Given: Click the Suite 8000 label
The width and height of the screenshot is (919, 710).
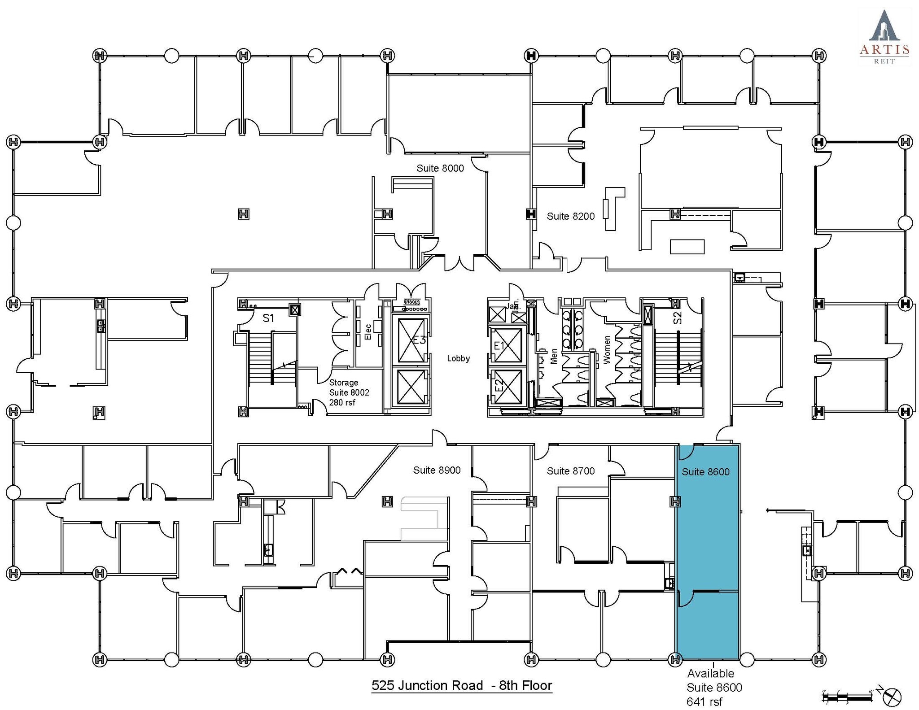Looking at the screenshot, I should (x=440, y=168).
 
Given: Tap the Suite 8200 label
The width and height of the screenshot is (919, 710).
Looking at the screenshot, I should (x=570, y=216).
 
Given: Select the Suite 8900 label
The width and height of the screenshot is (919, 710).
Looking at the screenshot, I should (x=437, y=470).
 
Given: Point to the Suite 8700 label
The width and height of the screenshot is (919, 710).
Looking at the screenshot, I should (x=570, y=471).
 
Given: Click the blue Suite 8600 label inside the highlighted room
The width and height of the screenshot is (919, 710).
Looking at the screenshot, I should (x=705, y=472).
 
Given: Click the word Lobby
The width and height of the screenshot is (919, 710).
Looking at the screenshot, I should (x=458, y=358).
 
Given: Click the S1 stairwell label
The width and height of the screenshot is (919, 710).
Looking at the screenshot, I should (x=268, y=318).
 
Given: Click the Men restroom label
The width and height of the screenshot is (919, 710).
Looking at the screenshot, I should (x=554, y=357).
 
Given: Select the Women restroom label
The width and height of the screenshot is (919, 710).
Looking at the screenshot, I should (x=607, y=350).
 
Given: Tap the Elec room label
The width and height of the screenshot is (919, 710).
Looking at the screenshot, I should (x=368, y=332).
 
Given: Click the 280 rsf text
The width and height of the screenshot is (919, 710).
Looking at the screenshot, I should (x=342, y=403).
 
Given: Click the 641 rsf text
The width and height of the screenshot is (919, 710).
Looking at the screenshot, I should (x=704, y=702).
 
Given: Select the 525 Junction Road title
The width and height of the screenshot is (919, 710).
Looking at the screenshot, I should (x=461, y=686).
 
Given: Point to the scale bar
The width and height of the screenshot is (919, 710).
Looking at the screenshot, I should (x=846, y=697).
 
